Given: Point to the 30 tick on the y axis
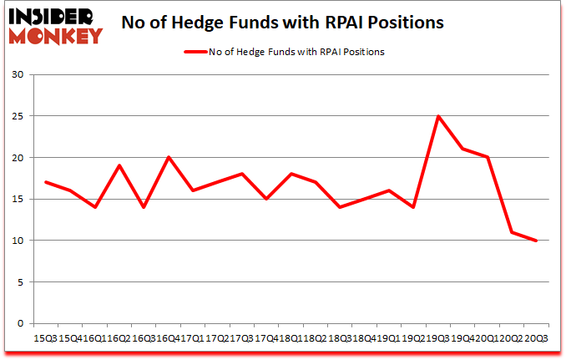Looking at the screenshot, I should (x=19, y=75).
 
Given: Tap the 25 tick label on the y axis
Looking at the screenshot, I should (x=19, y=116).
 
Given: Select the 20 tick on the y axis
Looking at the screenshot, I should (x=19, y=158).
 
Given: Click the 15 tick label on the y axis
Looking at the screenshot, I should (x=19, y=199).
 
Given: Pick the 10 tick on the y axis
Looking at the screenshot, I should (x=19, y=241).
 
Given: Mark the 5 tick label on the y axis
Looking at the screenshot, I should (x=22, y=281).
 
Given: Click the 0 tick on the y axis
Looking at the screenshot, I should (x=22, y=323).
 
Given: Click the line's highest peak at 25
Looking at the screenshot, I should (x=438, y=116).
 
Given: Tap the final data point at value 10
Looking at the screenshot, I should (x=535, y=241).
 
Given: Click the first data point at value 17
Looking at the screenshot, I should (x=46, y=182).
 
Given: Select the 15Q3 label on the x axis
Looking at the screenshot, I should (x=46, y=339).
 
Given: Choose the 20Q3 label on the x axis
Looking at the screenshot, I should (x=535, y=339).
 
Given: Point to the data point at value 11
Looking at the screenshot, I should (x=511, y=232).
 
